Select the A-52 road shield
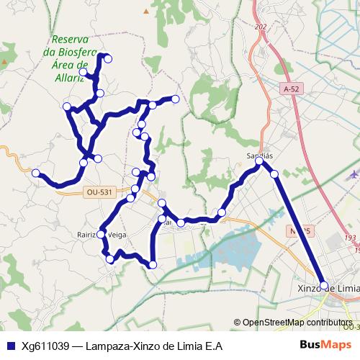[x=291, y=89]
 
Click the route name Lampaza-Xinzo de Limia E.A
[x=153, y=346]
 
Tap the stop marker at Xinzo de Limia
[x=323, y=286]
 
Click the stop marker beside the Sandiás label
[x=259, y=162]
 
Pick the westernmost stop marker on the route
[x=35, y=172]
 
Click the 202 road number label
[x=260, y=27]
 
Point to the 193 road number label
[x=351, y=238]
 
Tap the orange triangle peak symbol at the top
[x=146, y=12]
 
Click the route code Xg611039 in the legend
[x=45, y=346]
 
